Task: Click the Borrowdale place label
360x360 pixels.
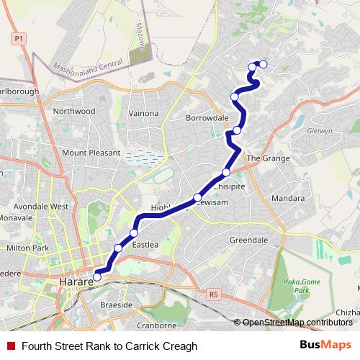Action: (x=207, y=117)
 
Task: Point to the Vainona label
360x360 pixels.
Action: (x=143, y=113)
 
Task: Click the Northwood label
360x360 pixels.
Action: (x=73, y=112)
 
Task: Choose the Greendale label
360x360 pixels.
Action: (x=248, y=239)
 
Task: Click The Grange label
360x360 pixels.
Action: (x=268, y=158)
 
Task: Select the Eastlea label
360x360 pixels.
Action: (x=145, y=245)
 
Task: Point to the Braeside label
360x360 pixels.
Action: (x=117, y=305)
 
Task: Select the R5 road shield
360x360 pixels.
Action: (x=212, y=294)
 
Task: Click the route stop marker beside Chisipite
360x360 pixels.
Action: (x=226, y=172)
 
